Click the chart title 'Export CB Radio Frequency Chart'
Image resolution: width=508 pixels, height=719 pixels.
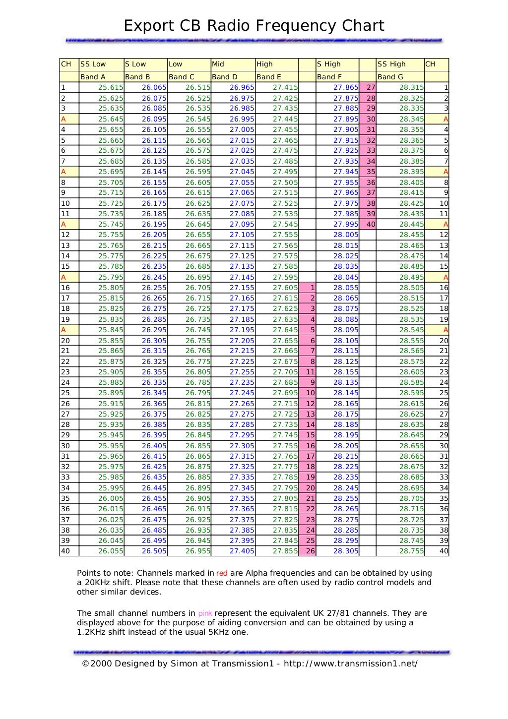pyautogui.click(x=254, y=25)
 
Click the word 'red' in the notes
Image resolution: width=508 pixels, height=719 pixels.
pyautogui.click(x=222, y=573)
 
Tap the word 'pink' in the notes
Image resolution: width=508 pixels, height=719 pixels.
pyautogui.click(x=205, y=613)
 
